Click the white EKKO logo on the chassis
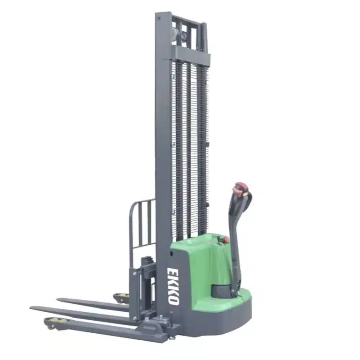173,286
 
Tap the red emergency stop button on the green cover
226,240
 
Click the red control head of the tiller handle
240,189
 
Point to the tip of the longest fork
30,307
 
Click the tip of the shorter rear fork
58,299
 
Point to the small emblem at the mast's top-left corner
158,18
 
